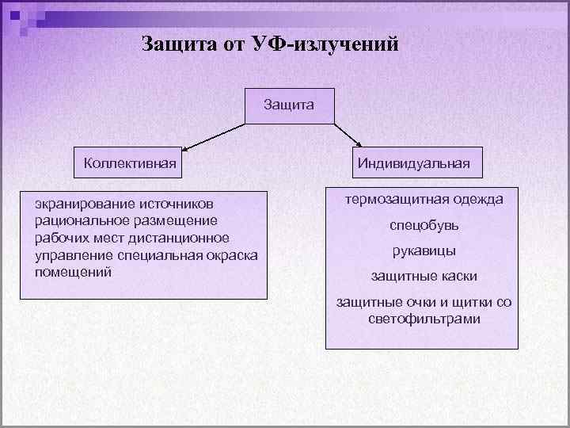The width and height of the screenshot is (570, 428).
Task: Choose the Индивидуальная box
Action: click(x=413, y=164)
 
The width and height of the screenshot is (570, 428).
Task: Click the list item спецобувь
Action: click(x=424, y=225)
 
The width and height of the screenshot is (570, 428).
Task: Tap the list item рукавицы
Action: click(x=424, y=251)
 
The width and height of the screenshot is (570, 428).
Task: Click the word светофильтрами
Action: click(x=424, y=319)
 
